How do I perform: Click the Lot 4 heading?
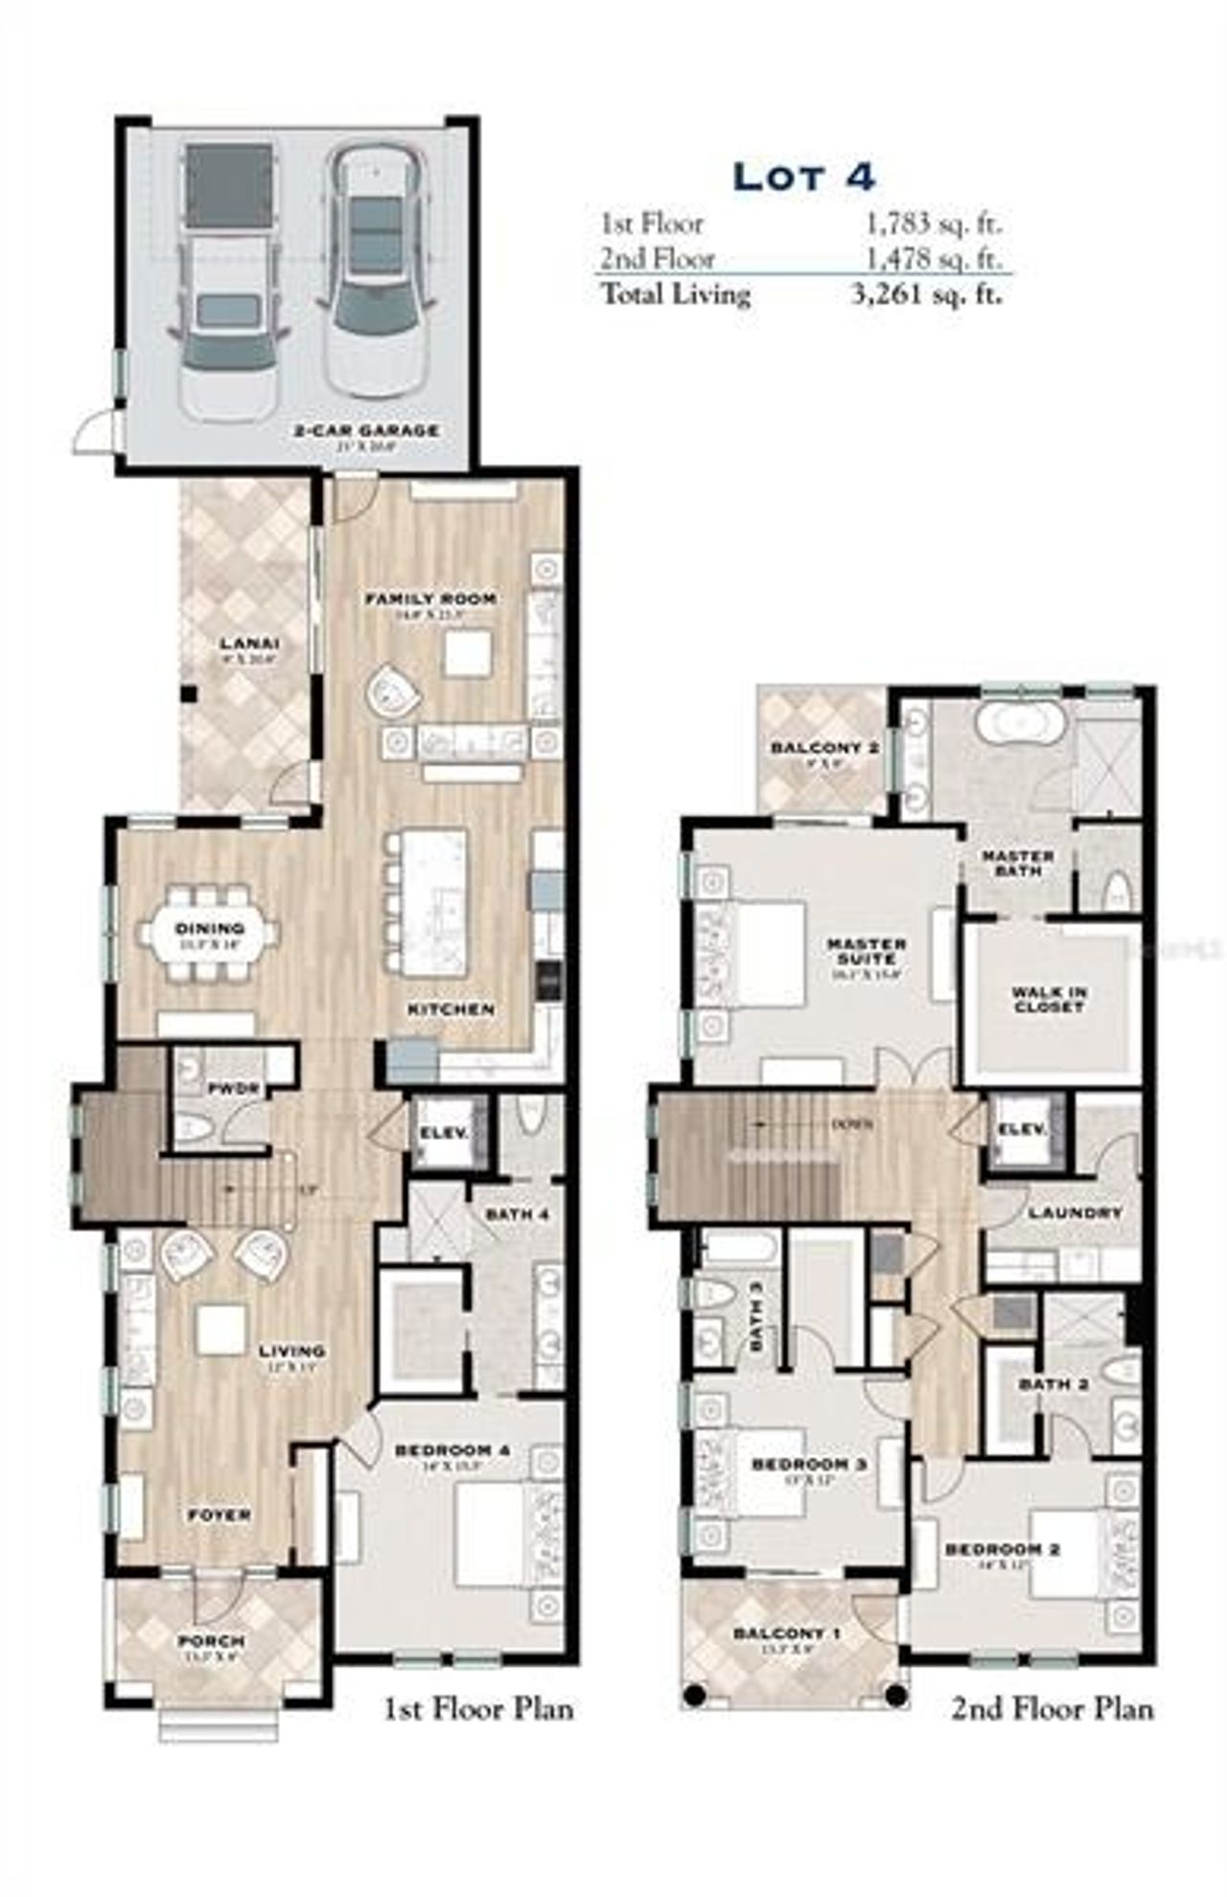point(803,176)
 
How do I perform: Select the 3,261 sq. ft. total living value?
point(927,293)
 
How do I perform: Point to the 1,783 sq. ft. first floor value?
point(933,223)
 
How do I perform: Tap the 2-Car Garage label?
point(366,431)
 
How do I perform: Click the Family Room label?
point(430,599)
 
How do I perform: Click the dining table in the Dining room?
point(210,932)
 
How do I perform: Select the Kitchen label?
point(451,1009)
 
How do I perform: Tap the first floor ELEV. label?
point(444,1133)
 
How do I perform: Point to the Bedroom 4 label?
point(451,1450)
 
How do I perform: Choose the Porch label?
point(211,1641)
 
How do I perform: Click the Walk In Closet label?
point(1049,1000)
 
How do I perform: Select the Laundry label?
point(1075,1213)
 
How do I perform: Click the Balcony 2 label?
point(824,748)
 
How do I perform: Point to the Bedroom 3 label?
point(809,1465)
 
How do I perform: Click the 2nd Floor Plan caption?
point(1052,1708)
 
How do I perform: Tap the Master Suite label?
point(867,951)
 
